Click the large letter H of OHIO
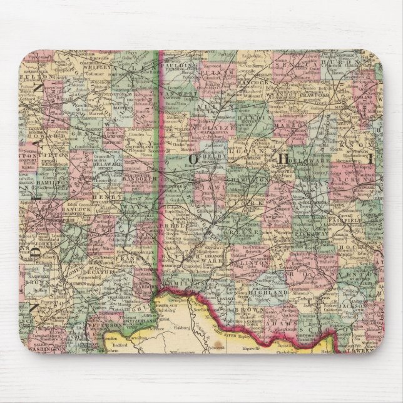pyautogui.click(x=283, y=158)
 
